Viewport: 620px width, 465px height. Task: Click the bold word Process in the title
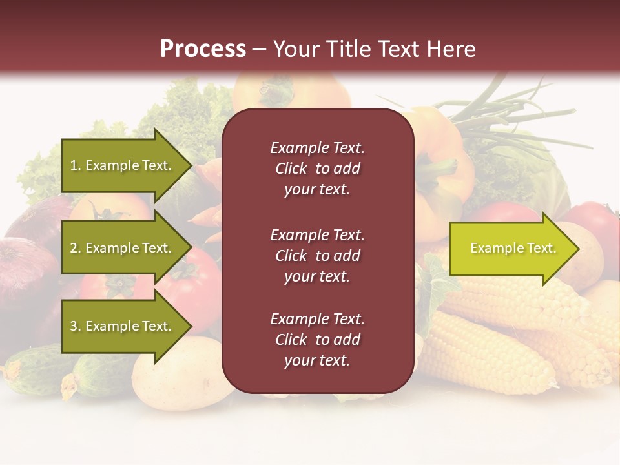coord(203,49)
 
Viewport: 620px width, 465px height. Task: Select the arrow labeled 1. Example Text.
coord(123,165)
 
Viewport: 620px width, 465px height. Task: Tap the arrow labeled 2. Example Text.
coord(123,248)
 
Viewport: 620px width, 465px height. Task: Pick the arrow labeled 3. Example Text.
coord(123,326)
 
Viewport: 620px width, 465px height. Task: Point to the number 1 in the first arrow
coord(74,165)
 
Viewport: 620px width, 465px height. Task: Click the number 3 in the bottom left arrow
coord(74,326)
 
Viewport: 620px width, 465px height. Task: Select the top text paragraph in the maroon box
coord(317,169)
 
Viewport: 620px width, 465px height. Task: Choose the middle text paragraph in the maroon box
coord(317,255)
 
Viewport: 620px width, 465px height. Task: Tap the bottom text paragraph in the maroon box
coord(317,339)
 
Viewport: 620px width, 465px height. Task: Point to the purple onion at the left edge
coord(26,271)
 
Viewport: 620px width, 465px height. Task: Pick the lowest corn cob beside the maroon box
coord(484,358)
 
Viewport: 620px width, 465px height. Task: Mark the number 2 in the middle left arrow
coord(74,248)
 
